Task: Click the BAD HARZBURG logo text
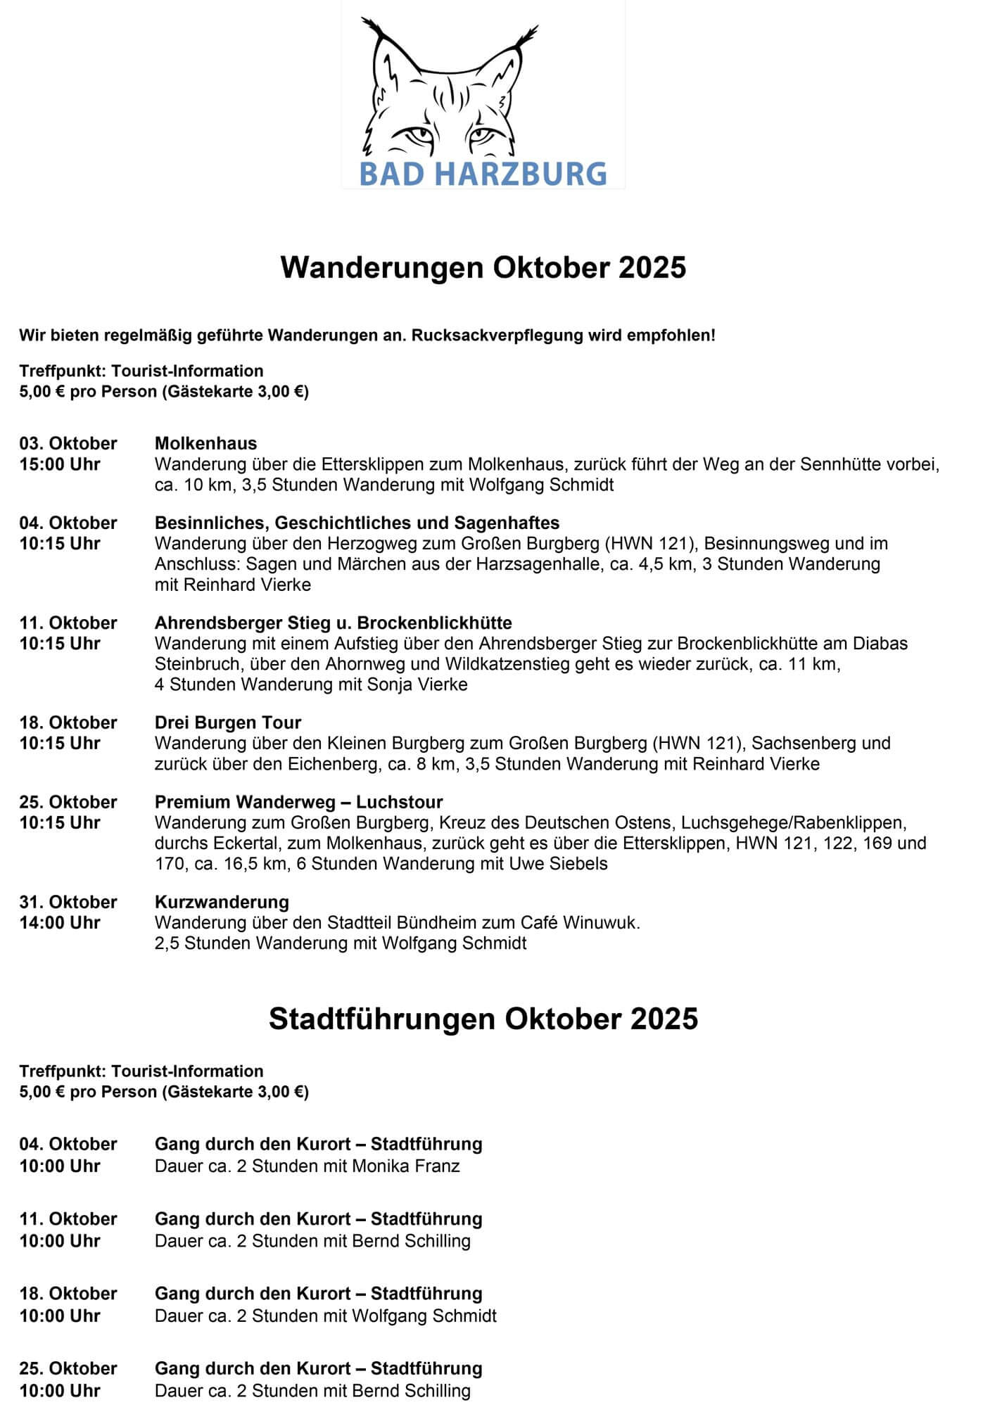pyautogui.click(x=483, y=174)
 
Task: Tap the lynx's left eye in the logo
pyautogui.click(x=415, y=134)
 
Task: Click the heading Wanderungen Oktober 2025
pyautogui.click(x=483, y=268)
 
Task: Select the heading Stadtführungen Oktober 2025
pyautogui.click(x=483, y=1019)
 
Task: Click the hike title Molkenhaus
pyautogui.click(x=205, y=443)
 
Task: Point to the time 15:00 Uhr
pyautogui.click(x=60, y=464)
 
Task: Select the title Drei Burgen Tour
pyautogui.click(x=227, y=722)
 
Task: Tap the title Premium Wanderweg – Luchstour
pyautogui.click(x=298, y=802)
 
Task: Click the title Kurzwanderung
pyautogui.click(x=222, y=902)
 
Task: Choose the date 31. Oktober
pyautogui.click(x=68, y=902)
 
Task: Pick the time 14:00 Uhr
pyautogui.click(x=60, y=922)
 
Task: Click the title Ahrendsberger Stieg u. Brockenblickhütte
pyautogui.click(x=333, y=623)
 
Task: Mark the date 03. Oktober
pyautogui.click(x=68, y=443)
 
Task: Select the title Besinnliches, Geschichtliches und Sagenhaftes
pyautogui.click(x=357, y=523)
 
